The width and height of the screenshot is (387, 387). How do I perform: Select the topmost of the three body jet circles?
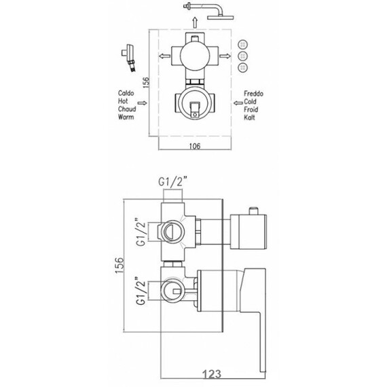[243, 44]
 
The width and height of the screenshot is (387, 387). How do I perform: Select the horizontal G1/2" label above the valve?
[173, 182]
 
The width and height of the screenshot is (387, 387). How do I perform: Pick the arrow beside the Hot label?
[153, 103]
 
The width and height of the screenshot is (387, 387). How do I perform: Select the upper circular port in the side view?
[172, 232]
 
